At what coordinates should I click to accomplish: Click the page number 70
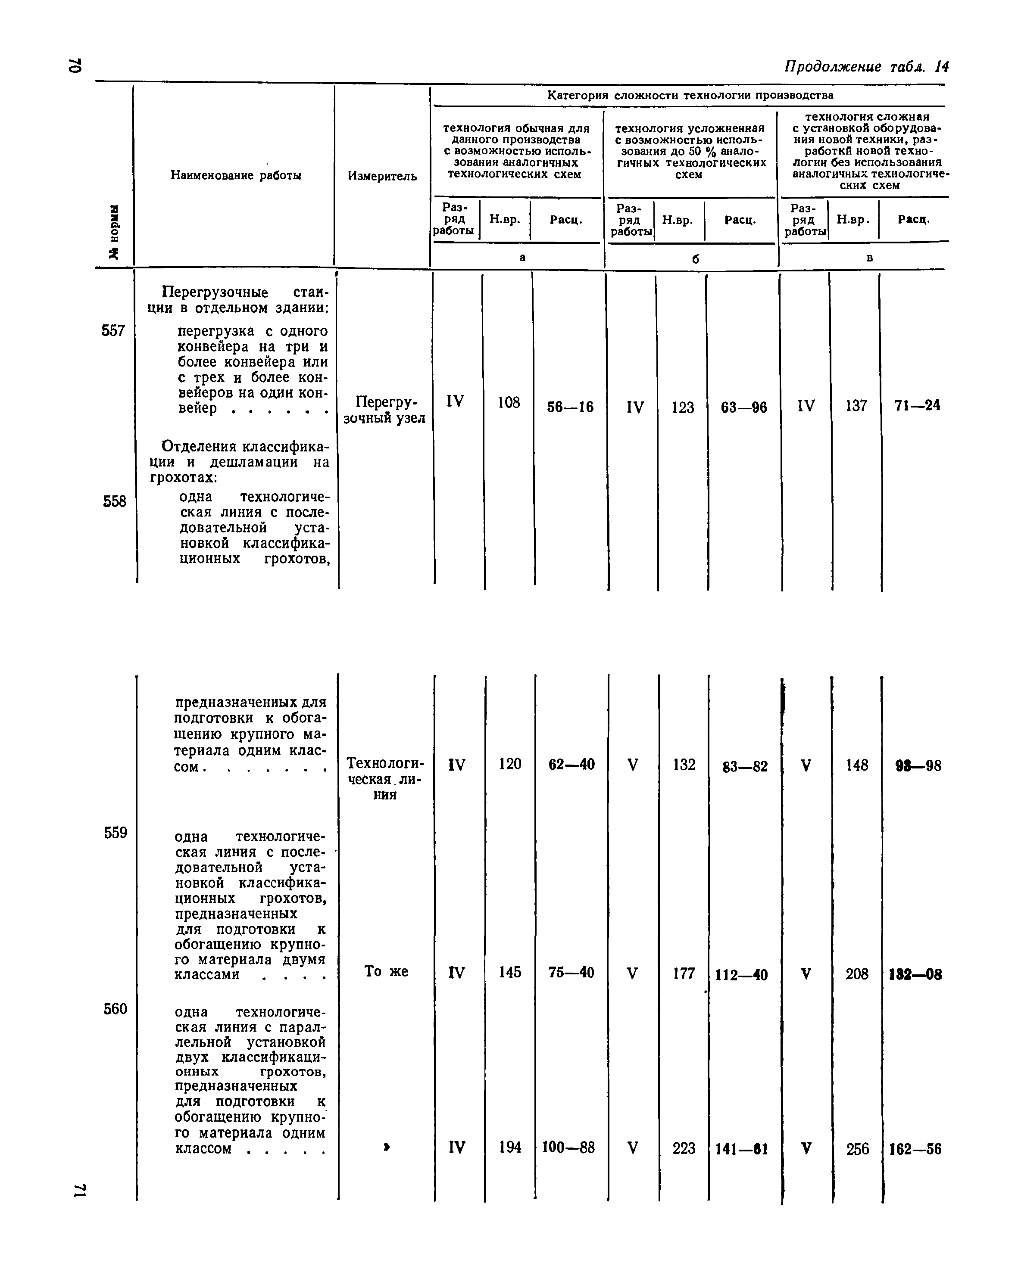pyautogui.click(x=75, y=65)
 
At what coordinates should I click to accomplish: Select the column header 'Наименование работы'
pyautogui.click(x=235, y=175)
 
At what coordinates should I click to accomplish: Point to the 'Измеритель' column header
pyautogui.click(x=382, y=176)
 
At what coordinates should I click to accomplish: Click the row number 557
pyautogui.click(x=113, y=330)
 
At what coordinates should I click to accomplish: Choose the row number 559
pyautogui.click(x=116, y=833)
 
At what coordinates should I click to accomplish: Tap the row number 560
pyautogui.click(x=116, y=1009)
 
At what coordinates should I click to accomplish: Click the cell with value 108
pyautogui.click(x=508, y=402)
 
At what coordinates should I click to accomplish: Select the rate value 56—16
pyautogui.click(x=570, y=407)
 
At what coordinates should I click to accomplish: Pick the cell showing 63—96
pyautogui.click(x=743, y=407)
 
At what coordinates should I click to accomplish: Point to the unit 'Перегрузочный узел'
pyautogui.click(x=384, y=410)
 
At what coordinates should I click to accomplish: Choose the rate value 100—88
pyautogui.click(x=568, y=1148)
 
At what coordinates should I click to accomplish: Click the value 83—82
pyautogui.click(x=745, y=766)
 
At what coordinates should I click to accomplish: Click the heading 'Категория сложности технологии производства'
pyautogui.click(x=690, y=95)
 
